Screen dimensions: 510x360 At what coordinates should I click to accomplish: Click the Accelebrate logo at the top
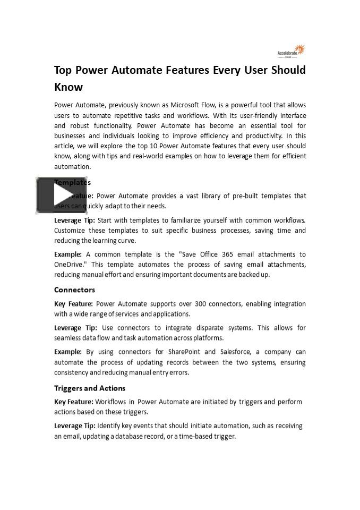pyautogui.click(x=292, y=51)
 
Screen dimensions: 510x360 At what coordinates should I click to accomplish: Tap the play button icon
pyautogui.click(x=62, y=195)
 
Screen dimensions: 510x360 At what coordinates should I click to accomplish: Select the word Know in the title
pyautogui.click(x=68, y=87)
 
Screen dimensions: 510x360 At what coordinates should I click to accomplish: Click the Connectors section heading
pyautogui.click(x=75, y=290)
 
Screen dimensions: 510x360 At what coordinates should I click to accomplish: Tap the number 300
pyautogui.click(x=203, y=304)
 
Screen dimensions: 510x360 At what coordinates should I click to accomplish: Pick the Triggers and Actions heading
pyautogui.click(x=90, y=388)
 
